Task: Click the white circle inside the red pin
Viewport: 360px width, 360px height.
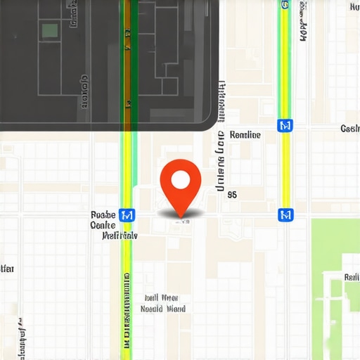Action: click(x=181, y=180)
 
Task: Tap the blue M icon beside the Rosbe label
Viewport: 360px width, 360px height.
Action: click(x=127, y=214)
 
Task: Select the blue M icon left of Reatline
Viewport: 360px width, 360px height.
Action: click(x=285, y=125)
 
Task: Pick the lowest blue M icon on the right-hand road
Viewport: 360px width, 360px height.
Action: click(x=285, y=214)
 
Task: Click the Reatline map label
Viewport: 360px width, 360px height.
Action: click(x=245, y=134)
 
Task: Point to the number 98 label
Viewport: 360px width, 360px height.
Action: click(x=232, y=195)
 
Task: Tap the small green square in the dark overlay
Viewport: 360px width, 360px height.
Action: click(x=49, y=30)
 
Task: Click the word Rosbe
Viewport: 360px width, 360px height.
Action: click(x=103, y=214)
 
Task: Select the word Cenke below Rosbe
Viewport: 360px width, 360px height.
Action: click(x=103, y=225)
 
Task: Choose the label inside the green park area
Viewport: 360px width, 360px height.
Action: click(x=351, y=277)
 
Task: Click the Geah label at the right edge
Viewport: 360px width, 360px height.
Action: click(x=349, y=129)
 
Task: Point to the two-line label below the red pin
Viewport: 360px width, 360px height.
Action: click(x=163, y=303)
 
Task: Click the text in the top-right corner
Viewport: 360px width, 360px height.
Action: click(x=356, y=8)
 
